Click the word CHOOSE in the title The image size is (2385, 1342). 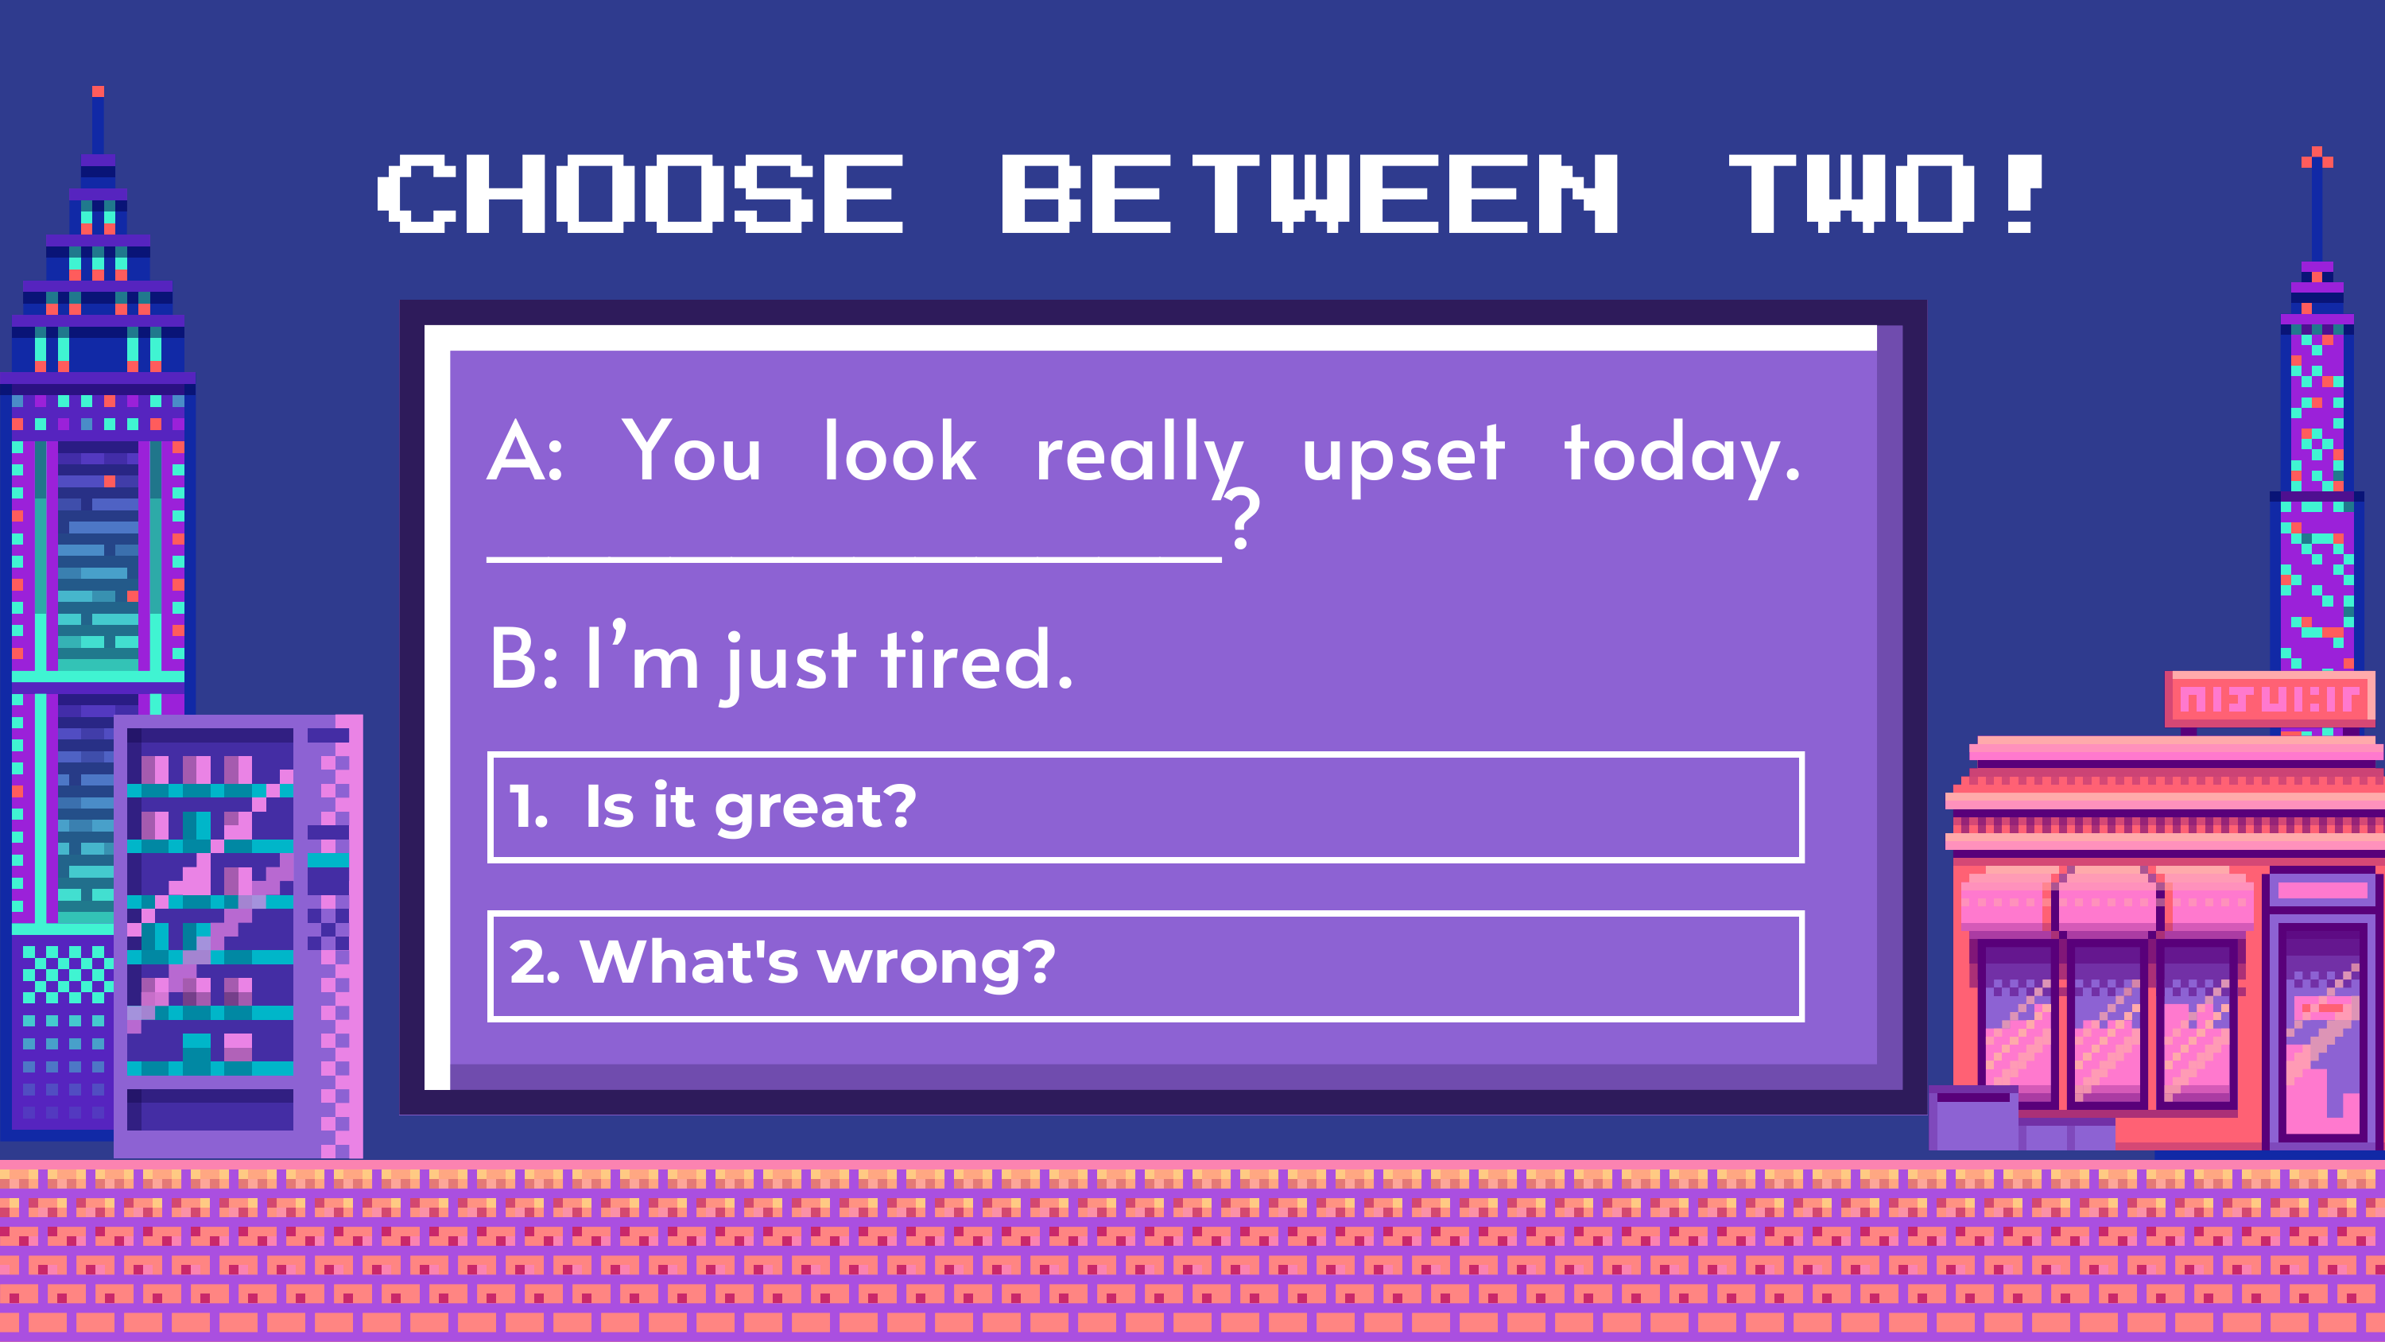[x=640, y=193]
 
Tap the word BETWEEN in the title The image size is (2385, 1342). [x=1310, y=193]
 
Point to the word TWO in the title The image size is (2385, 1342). [x=1852, y=193]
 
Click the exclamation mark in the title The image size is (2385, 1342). [x=2024, y=193]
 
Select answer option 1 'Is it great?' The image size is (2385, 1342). [x=1146, y=807]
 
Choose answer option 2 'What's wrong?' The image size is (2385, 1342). [x=1146, y=966]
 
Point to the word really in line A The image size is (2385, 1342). [x=1140, y=456]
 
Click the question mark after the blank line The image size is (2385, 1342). [x=1243, y=518]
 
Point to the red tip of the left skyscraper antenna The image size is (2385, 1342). [x=98, y=91]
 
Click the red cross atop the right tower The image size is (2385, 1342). [x=2317, y=158]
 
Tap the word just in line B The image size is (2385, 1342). [x=789, y=665]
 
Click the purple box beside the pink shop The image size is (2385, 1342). [x=1974, y=1118]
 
